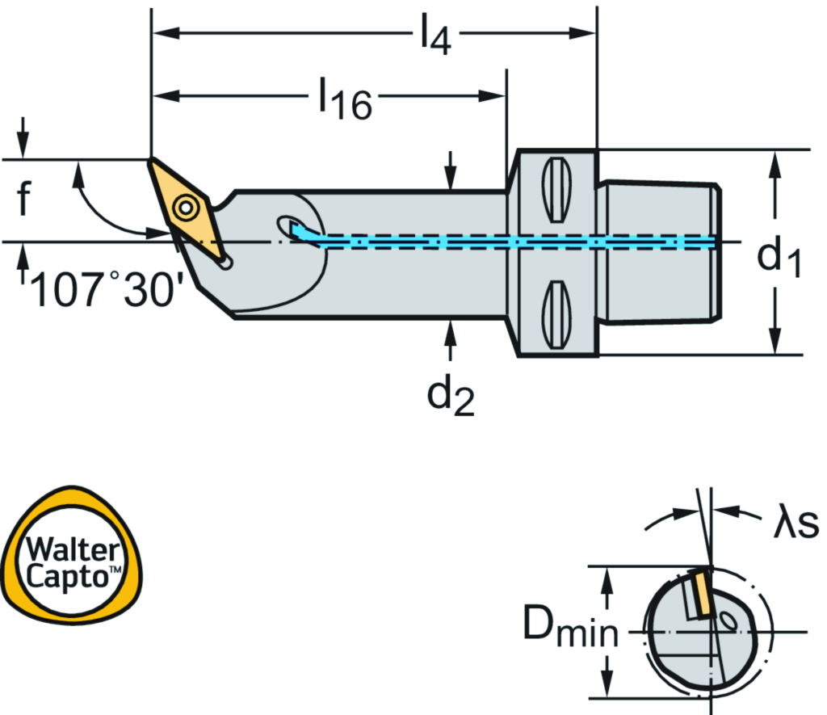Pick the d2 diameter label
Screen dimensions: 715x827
[450, 396]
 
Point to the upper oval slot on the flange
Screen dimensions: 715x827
[555, 190]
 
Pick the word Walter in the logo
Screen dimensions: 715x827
[69, 553]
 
